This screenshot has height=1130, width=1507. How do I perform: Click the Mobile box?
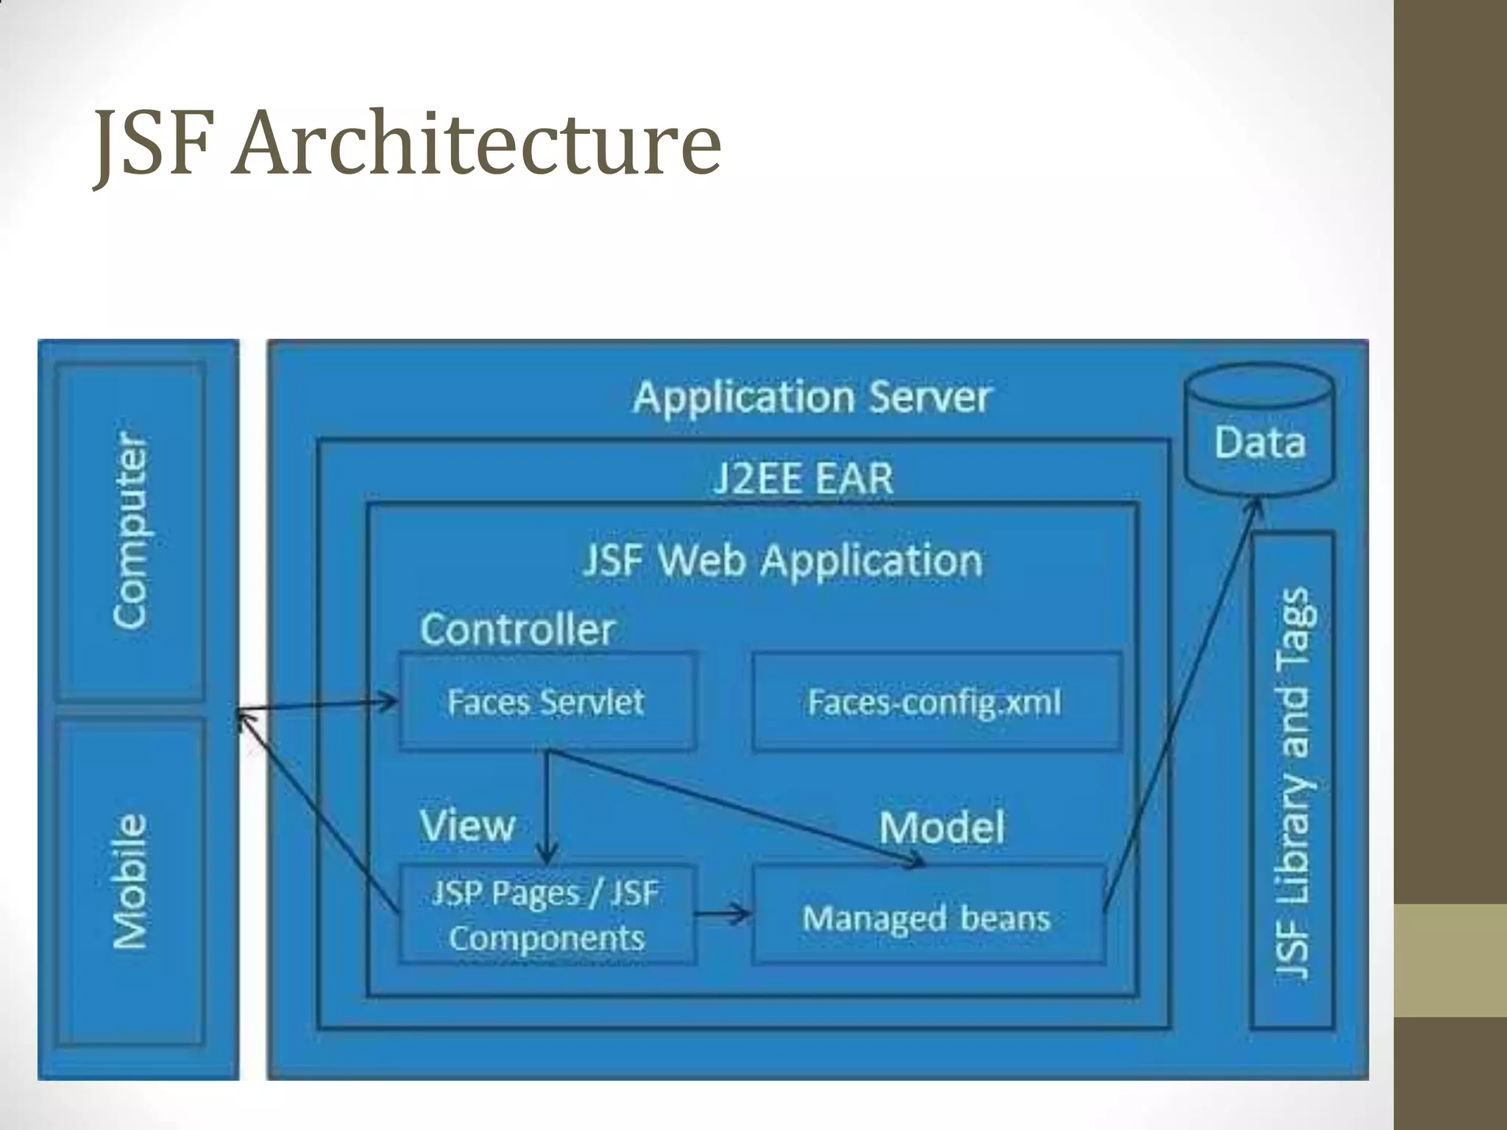coord(131,881)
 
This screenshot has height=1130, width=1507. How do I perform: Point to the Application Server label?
coord(812,397)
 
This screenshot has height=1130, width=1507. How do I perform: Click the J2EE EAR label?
coord(803,478)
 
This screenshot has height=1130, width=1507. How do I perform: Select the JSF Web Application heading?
coord(782,561)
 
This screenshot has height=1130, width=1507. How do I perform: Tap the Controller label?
coord(517,630)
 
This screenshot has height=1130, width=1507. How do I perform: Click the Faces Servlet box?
coord(546,701)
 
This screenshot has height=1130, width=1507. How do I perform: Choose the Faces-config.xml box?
coord(936,701)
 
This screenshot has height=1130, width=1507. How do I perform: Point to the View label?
coord(467,825)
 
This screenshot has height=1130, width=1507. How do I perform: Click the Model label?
coord(941,827)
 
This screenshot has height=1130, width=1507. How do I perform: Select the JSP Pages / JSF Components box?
coord(546,915)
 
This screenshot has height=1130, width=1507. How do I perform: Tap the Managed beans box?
coord(927,917)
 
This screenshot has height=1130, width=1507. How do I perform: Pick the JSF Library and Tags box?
coord(1293,780)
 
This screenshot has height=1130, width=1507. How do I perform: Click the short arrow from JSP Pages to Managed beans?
coord(723,914)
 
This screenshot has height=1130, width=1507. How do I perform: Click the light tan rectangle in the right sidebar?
coord(1450,960)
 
